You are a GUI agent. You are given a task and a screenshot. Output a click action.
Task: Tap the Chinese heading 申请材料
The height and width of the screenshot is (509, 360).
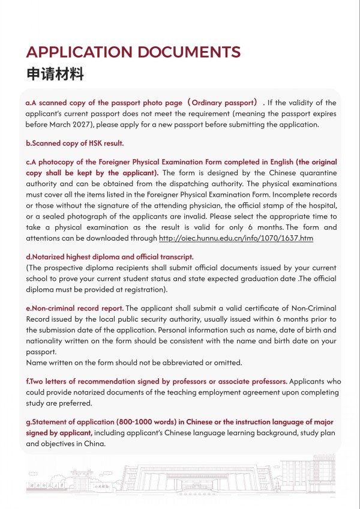[55, 74]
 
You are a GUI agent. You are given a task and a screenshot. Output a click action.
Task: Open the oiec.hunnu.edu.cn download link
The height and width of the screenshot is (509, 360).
[236, 238]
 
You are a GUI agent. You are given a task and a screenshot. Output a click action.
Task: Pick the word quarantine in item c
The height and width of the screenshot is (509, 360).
[316, 173]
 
